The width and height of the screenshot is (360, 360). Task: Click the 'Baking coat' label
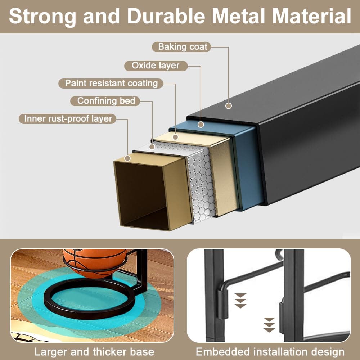click(181, 47)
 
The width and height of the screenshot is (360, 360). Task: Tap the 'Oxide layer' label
click(156, 66)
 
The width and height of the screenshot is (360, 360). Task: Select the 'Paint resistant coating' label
click(111, 84)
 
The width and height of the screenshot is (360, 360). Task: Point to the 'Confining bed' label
click(105, 101)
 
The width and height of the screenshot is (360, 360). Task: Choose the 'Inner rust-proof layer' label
click(68, 119)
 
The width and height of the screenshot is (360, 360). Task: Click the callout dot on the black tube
click(229, 106)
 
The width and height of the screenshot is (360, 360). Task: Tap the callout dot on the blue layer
click(201, 125)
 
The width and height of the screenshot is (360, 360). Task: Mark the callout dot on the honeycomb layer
click(152, 147)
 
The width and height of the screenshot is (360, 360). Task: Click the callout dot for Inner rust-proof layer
click(127, 158)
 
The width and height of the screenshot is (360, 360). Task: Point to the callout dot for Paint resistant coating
click(175, 137)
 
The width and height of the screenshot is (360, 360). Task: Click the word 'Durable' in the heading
click(166, 16)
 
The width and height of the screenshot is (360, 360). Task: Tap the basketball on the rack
click(95, 262)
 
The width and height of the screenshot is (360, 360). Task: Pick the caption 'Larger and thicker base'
click(94, 352)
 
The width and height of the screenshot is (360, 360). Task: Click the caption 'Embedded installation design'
click(270, 352)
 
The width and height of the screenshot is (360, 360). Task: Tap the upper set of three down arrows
click(240, 301)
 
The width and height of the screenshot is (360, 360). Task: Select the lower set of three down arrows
click(269, 325)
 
